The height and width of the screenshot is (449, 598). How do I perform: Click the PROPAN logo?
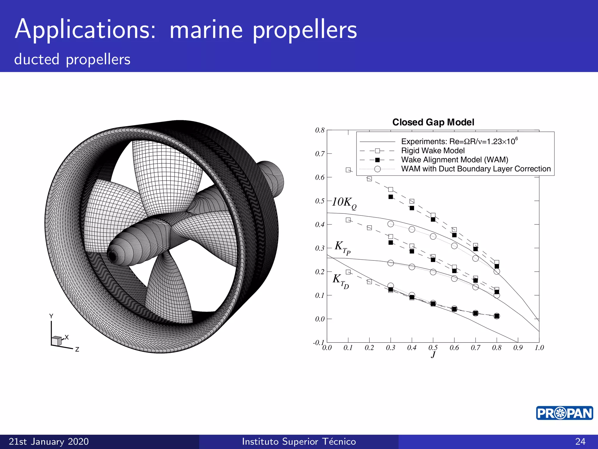click(x=564, y=413)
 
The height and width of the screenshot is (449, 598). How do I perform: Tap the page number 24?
click(x=580, y=441)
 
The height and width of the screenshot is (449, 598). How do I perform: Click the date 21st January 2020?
click(x=49, y=441)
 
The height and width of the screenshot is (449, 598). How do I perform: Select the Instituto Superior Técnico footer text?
click(x=299, y=441)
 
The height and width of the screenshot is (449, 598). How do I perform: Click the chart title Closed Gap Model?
click(x=433, y=122)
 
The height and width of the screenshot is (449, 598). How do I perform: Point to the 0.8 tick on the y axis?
click(x=320, y=130)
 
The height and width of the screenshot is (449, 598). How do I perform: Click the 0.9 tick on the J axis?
click(x=518, y=348)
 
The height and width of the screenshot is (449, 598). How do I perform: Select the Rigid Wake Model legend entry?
click(x=433, y=151)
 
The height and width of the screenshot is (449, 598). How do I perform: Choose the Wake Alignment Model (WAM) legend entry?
click(x=454, y=160)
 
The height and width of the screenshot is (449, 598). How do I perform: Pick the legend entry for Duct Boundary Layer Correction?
click(x=476, y=169)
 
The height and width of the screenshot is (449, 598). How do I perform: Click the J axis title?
click(x=433, y=355)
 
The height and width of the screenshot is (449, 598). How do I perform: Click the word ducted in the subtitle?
click(x=37, y=59)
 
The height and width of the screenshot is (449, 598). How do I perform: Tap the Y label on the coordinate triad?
click(x=51, y=316)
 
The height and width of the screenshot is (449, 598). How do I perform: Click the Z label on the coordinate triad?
click(x=77, y=349)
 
